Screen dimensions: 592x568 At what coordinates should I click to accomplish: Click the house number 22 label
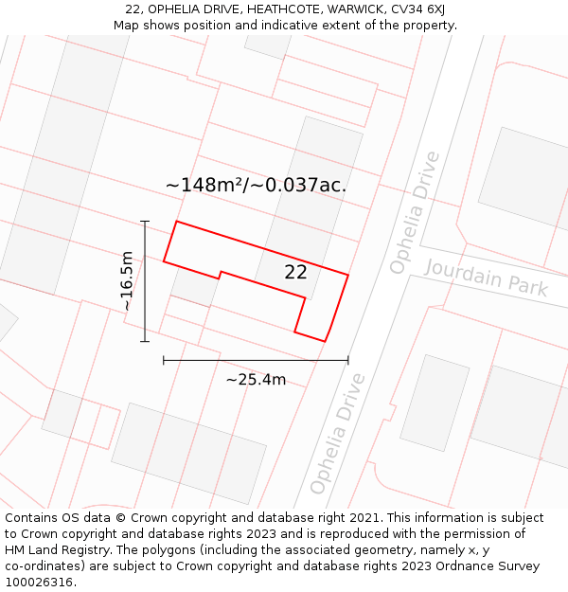click(295, 273)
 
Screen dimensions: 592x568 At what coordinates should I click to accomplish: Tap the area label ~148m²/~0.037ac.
click(256, 186)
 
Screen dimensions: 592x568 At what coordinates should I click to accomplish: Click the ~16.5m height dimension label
click(127, 281)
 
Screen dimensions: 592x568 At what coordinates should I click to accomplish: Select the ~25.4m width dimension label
click(256, 380)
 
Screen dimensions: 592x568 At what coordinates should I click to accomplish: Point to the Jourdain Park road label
click(486, 277)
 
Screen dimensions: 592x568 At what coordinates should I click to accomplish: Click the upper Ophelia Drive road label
click(416, 213)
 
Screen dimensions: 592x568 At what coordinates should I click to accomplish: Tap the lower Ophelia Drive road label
click(337, 434)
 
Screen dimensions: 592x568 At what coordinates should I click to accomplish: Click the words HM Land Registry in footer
click(51, 550)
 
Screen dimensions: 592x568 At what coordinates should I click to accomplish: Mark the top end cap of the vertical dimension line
click(145, 222)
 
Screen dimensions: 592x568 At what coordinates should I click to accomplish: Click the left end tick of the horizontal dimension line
click(164, 360)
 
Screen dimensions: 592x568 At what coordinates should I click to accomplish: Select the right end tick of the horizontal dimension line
click(347, 360)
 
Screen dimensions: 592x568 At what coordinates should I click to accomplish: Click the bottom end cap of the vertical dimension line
click(145, 341)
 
